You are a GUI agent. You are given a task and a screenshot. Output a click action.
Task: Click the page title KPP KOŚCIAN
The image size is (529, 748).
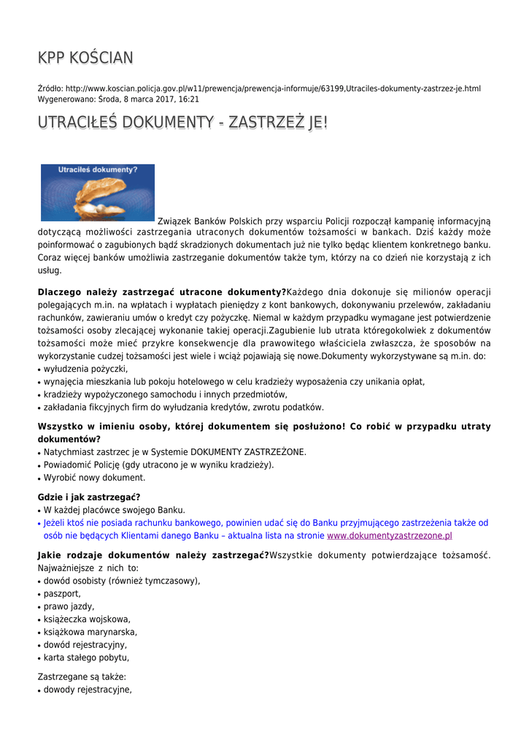pos(85,58)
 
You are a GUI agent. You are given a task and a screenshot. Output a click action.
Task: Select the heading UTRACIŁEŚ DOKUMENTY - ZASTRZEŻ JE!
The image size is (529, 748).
pos(182,122)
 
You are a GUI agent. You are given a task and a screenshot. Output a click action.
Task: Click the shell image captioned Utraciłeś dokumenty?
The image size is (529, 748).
pos(98,192)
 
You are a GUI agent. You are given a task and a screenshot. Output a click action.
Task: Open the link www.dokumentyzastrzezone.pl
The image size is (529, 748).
pos(389,535)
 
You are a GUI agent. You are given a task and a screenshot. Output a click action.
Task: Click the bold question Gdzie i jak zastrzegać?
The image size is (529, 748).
pos(89,497)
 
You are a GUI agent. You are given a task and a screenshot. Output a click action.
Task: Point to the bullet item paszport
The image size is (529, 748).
pos(62,594)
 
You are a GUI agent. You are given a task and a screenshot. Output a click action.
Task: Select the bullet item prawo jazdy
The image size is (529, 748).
pos(69,606)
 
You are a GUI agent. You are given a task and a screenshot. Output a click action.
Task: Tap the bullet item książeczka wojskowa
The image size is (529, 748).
pos(87,619)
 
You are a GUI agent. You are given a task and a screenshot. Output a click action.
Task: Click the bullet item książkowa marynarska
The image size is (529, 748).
pos(90,632)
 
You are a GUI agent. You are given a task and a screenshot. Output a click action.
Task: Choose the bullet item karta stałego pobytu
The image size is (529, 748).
pos(86,657)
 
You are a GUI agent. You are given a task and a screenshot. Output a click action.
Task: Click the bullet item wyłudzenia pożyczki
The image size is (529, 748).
pos(85,369)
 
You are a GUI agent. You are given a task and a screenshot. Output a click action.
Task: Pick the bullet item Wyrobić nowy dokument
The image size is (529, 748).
pos(94,478)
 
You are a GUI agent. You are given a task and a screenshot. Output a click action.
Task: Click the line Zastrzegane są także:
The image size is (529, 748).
pos(82,676)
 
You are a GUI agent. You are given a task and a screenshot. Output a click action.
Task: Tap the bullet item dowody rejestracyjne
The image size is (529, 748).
pos(88,689)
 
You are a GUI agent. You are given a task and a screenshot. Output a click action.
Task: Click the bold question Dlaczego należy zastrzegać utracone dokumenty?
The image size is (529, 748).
pos(161,292)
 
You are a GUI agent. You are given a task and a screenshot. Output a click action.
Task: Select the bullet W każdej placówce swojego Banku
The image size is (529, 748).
pos(114,510)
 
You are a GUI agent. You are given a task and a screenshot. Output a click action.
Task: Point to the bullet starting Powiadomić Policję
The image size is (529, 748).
pos(158,465)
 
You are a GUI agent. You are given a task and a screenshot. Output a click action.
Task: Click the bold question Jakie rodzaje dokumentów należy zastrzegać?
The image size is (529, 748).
pos(153,555)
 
